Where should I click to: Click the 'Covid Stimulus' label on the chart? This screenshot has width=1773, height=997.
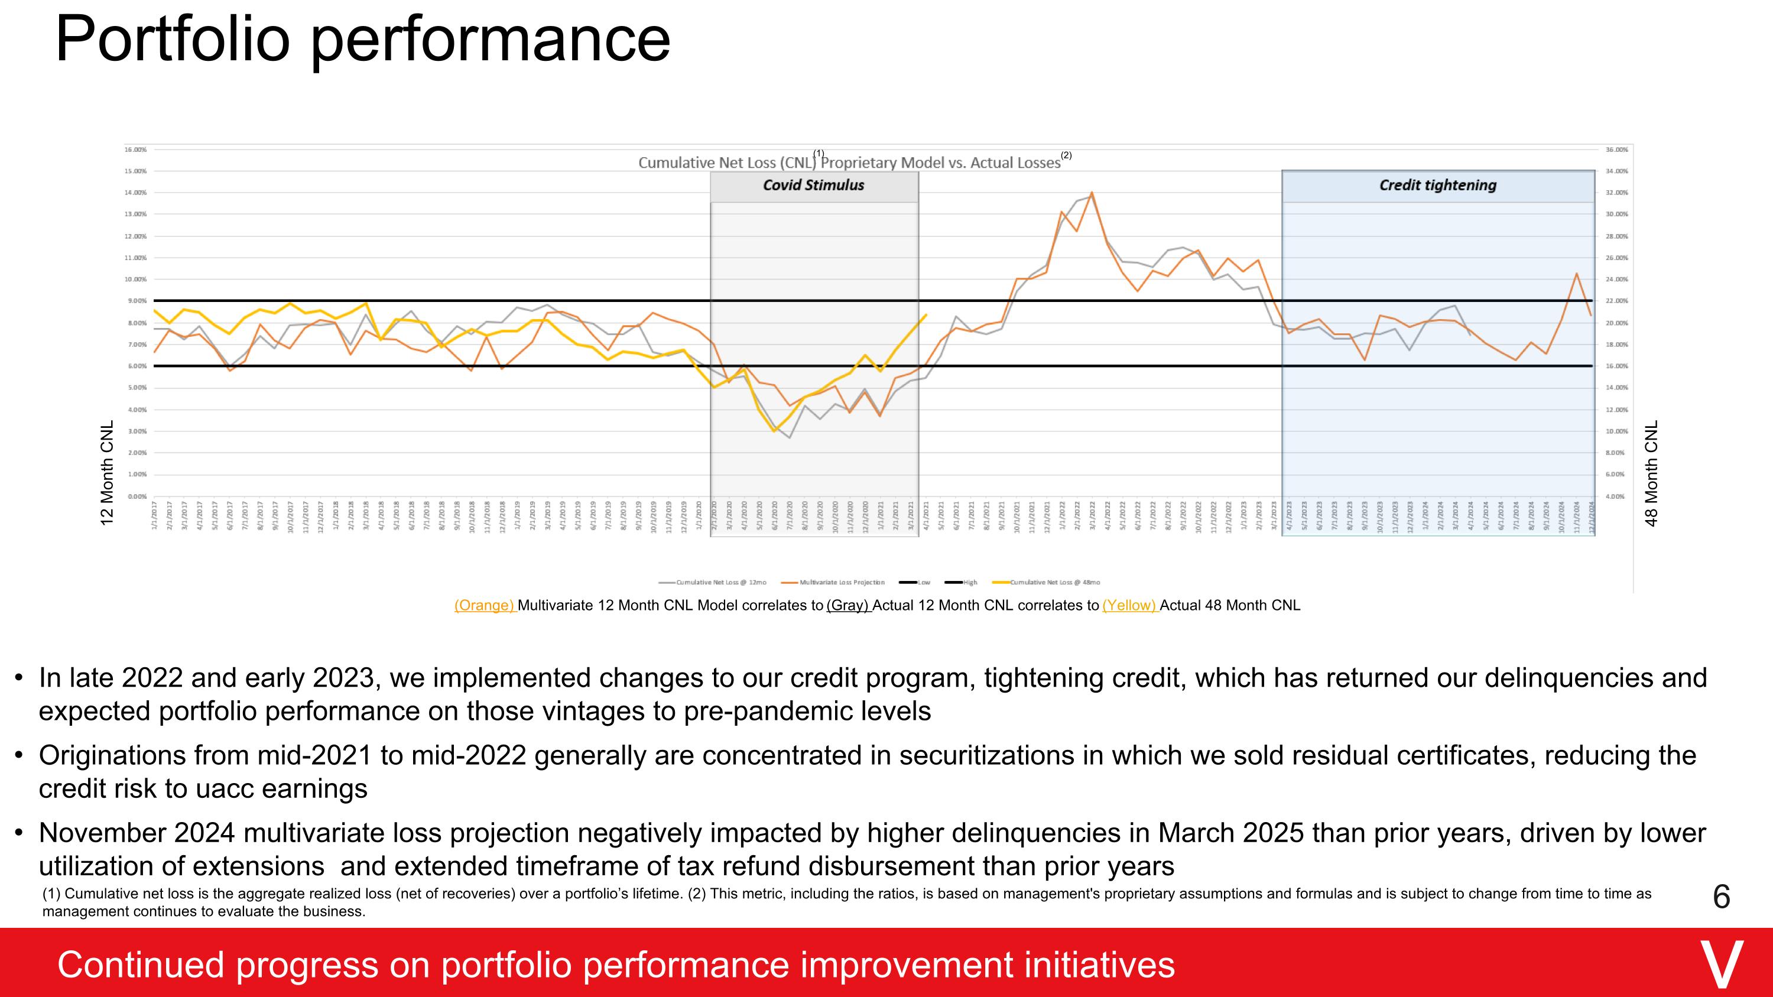pos(814,185)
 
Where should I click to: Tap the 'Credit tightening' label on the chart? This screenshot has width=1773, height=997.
pos(1437,185)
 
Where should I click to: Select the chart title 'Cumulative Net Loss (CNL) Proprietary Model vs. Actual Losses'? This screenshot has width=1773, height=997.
pos(849,163)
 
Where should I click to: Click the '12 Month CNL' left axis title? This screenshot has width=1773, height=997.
pos(107,473)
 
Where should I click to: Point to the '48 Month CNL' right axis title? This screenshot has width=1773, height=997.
pos(1652,473)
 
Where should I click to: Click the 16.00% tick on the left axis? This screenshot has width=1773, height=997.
pos(135,150)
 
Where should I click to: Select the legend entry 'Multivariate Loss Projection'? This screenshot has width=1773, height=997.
pos(842,582)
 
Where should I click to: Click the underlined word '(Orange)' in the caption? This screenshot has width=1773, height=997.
pos(484,606)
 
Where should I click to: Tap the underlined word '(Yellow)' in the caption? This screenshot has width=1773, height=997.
pos(1129,606)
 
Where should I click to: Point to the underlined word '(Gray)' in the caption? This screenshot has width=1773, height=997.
pos(848,606)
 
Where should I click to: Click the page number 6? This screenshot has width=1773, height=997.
pos(1720,897)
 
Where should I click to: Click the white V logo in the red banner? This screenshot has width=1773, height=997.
pos(1722,964)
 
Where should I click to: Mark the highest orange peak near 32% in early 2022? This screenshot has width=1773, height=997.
pos(1092,193)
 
